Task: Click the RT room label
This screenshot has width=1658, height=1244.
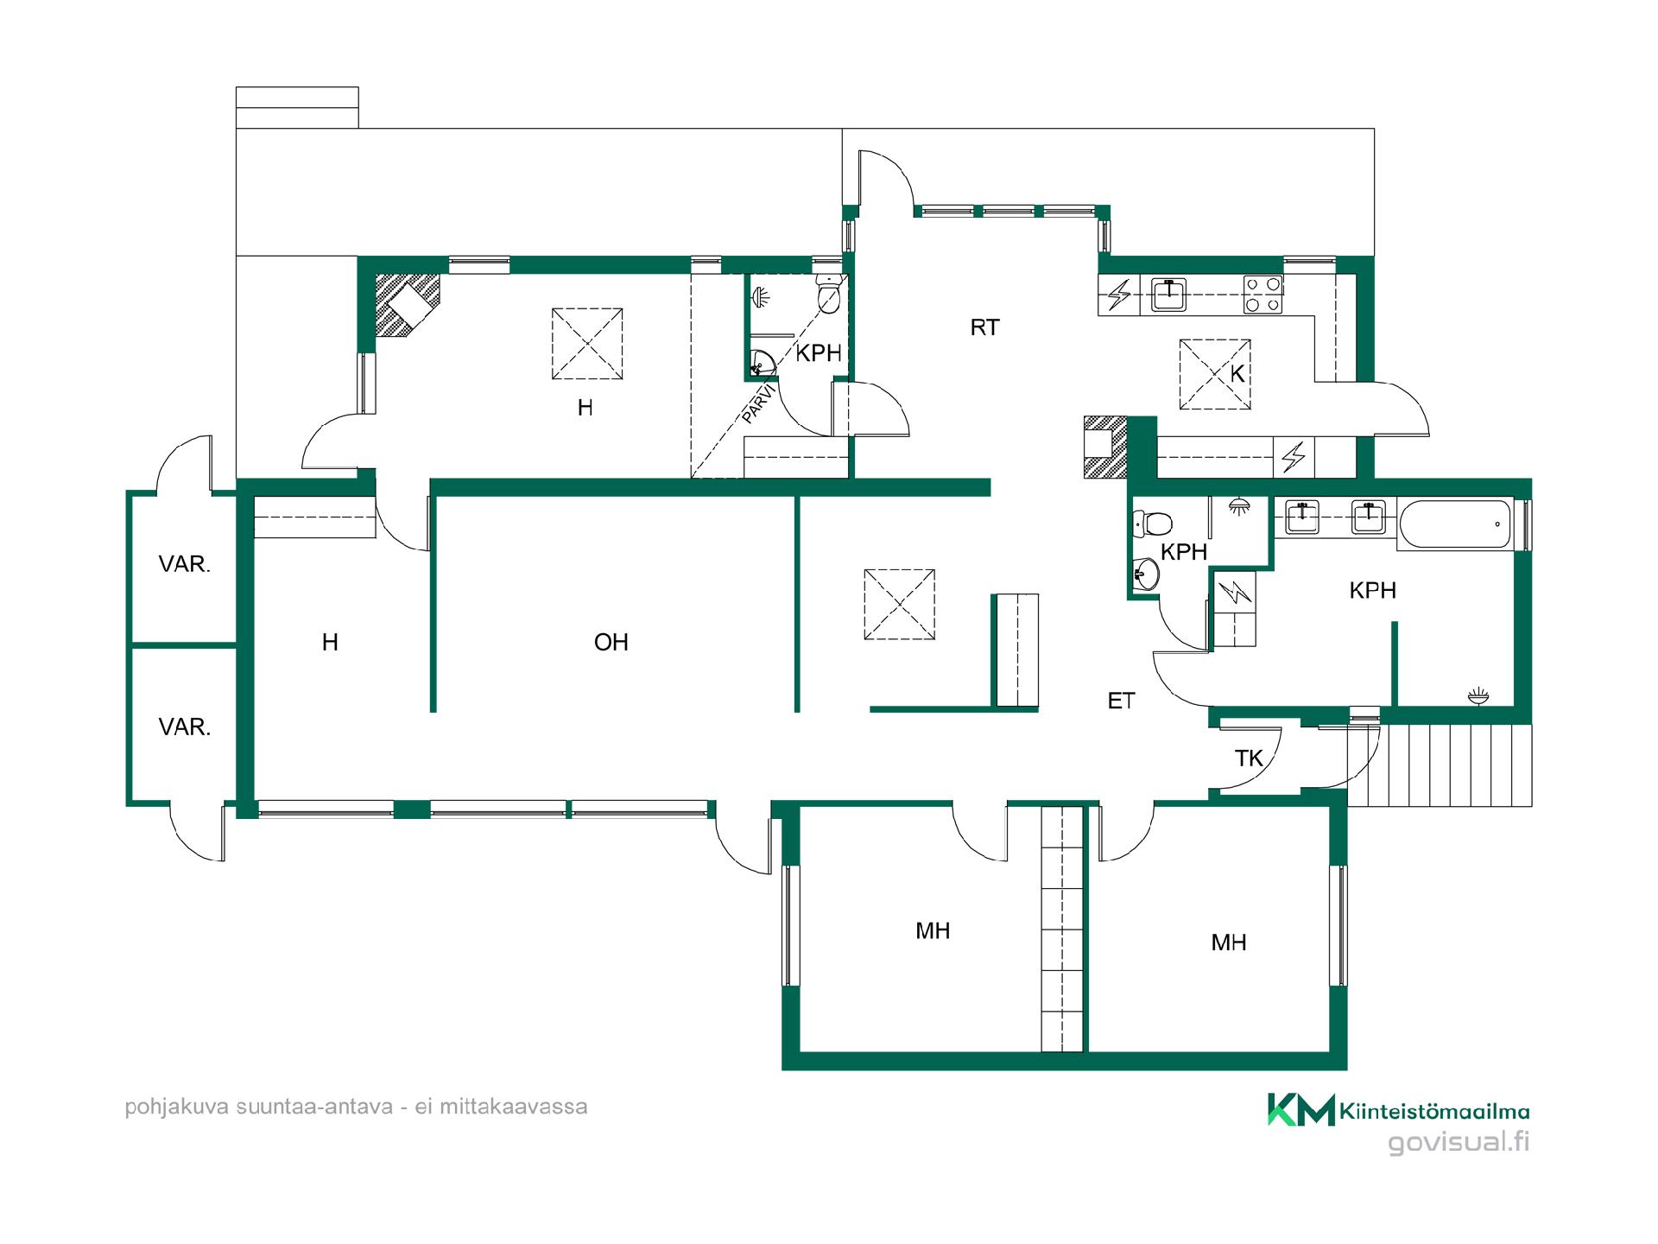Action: pos(984,327)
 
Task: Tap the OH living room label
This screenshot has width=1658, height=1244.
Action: pos(611,642)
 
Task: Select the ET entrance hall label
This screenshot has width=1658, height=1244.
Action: pos(1121,701)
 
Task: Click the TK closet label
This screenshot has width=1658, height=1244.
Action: pos(1249,758)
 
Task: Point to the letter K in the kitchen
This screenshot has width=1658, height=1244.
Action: pos(1237,374)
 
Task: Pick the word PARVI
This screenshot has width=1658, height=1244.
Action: pos(759,403)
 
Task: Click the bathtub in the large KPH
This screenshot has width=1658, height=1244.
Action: pos(1456,524)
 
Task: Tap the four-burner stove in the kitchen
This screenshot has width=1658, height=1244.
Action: pos(1262,295)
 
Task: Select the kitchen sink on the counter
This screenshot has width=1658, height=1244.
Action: pos(1168,295)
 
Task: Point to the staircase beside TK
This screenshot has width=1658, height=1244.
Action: pos(1440,765)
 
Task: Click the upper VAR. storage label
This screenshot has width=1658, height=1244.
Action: pos(184,564)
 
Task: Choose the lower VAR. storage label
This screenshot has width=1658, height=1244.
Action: pos(184,727)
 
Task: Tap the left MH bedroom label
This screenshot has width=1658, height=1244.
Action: pos(933,930)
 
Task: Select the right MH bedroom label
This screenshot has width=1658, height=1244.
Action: pos(1228,943)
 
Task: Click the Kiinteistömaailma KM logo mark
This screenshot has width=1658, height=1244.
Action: pos(1300,1110)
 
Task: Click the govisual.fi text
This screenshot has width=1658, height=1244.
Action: pos(1459,1142)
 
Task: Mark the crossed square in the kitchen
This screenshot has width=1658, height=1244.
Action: pos(1215,374)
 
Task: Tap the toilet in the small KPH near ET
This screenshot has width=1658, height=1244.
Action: pos(1152,523)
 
